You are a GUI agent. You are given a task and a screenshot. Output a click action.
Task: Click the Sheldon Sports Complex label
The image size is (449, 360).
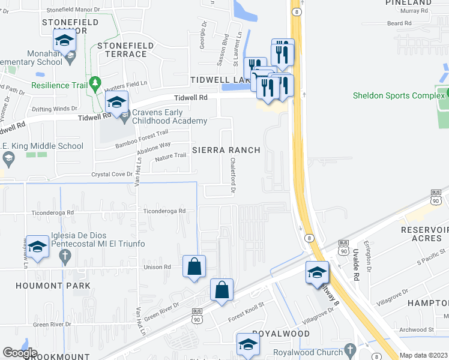[390, 95]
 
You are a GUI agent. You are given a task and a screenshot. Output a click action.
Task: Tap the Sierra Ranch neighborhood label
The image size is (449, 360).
[226, 150]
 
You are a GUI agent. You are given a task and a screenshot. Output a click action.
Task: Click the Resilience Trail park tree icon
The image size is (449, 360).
[94, 82]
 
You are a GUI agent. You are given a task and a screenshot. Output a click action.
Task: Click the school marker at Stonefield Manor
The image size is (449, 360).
[64, 41]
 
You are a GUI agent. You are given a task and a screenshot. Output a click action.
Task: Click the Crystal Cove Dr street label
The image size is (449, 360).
[111, 174]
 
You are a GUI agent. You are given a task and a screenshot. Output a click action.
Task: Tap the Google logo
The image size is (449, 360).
[20, 353]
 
